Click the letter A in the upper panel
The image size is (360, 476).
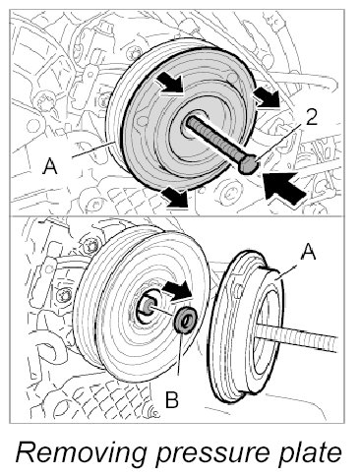tap(50, 166)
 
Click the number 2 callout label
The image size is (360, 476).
tap(311, 117)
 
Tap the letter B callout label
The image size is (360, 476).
tap(172, 399)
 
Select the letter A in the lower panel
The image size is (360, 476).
tap(308, 252)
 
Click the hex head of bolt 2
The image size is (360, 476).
tap(248, 165)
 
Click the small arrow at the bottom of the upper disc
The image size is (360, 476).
tap(175, 197)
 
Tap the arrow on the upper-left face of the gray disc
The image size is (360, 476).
tap(169, 82)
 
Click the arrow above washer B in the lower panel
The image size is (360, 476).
tap(177, 290)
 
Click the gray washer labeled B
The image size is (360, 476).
tap(185, 320)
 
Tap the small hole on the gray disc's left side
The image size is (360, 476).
tap(143, 121)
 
